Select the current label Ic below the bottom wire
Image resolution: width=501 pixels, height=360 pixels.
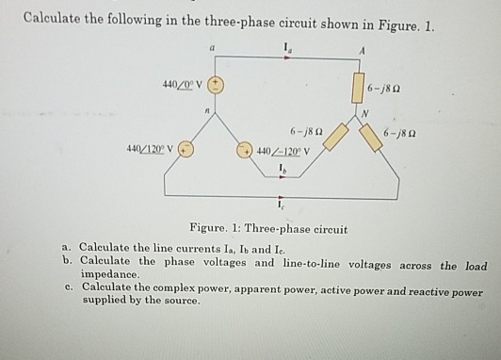pyautogui.click(x=280, y=209)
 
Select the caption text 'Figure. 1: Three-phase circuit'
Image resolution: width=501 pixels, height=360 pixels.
pyautogui.click(x=268, y=228)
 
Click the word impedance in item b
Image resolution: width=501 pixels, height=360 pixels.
pyautogui.click(x=110, y=276)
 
